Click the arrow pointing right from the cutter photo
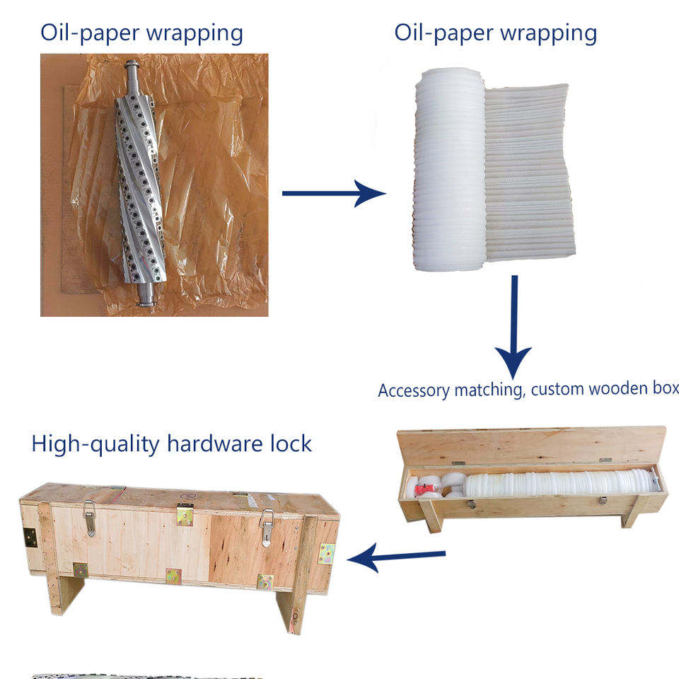(x=333, y=193)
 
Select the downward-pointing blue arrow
(x=514, y=327)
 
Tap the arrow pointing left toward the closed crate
(x=396, y=557)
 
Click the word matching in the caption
(x=489, y=390)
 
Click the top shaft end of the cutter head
(x=132, y=70)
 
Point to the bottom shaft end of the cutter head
(x=146, y=294)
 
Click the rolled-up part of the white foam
(x=450, y=169)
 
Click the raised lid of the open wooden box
(x=532, y=446)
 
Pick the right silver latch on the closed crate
(x=267, y=528)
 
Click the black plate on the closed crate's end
(x=30, y=538)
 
